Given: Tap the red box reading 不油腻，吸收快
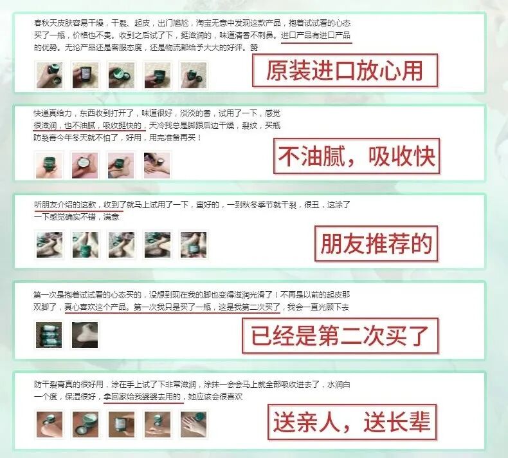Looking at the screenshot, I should tap(355, 156).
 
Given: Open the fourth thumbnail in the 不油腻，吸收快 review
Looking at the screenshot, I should tap(156, 164).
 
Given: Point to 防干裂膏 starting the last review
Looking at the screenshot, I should tap(51, 385).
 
